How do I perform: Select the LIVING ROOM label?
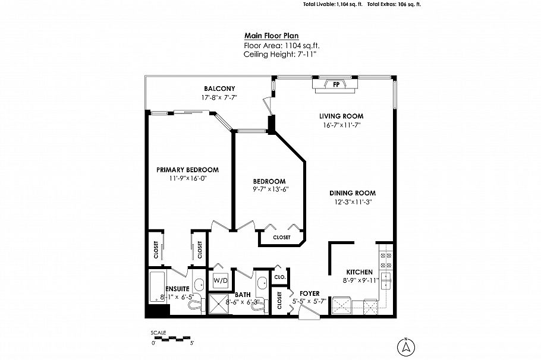341,116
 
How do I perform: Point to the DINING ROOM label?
353,193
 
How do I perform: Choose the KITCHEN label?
359,272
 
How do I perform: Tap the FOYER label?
310,293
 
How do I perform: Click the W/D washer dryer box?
221,279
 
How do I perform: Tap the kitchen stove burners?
385,260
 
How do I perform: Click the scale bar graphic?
172,338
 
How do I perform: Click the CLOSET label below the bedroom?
282,238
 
